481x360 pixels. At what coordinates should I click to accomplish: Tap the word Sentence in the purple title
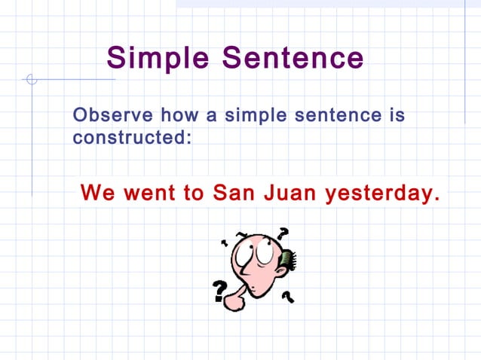click(x=291, y=57)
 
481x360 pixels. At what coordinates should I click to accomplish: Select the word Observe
click(x=108, y=116)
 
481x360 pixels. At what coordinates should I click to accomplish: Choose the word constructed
click(x=131, y=139)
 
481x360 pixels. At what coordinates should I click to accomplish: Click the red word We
click(x=97, y=193)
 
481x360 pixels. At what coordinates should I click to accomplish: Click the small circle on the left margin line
click(x=31, y=79)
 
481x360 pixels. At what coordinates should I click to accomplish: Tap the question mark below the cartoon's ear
click(x=287, y=296)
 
